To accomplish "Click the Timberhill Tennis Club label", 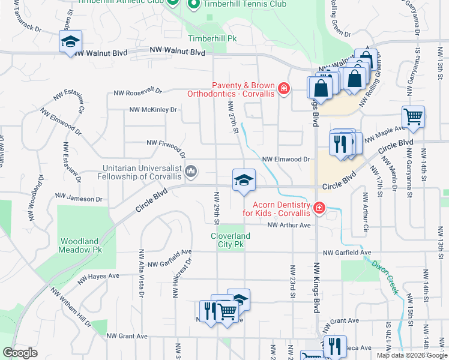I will pos(244,4).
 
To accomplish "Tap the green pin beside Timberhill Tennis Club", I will pos(193,5).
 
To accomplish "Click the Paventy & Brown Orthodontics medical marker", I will pos(283,90).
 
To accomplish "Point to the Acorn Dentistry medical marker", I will pos(319,208).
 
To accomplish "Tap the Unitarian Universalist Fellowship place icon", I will pos(191,172).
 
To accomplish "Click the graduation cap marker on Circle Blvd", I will pos(244,180).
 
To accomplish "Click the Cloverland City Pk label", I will pos(230,241).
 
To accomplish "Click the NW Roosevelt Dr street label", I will pos(137,92).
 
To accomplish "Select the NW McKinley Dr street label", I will pos(153,110).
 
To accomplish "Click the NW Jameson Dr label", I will pos(79,197).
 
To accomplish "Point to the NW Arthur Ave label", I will pos(289,225).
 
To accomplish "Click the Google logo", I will pos(20,353).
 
